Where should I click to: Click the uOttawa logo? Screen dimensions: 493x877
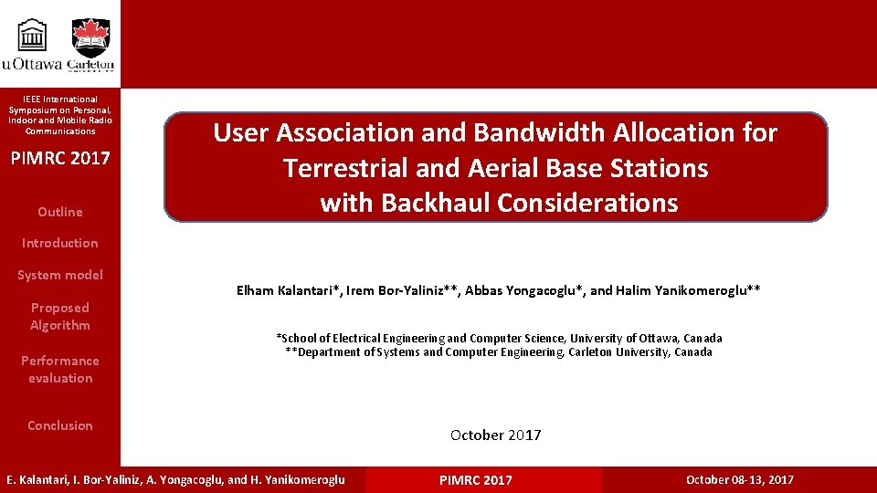pos(33,43)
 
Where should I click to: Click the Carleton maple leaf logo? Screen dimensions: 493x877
pos(90,43)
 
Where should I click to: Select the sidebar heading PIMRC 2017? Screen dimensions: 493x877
pos(59,158)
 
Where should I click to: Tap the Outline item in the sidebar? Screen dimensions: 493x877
pos(59,212)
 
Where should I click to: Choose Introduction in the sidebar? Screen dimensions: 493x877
pos(59,243)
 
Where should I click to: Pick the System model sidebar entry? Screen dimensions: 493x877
pos(59,275)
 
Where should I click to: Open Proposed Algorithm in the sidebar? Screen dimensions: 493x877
pos(59,316)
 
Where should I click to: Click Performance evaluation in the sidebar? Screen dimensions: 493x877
pos(59,369)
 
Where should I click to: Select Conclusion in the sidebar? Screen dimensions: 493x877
pos(59,425)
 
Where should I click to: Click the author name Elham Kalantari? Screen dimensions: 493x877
pos(287,291)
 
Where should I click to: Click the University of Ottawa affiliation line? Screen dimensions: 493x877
pos(499,338)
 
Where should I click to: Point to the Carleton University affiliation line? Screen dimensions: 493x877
pos(499,352)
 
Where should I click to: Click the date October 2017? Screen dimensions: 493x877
pos(495,435)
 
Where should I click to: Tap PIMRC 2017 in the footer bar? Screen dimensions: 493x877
pos(475,480)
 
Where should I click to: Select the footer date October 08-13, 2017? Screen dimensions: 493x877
pos(739,480)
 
